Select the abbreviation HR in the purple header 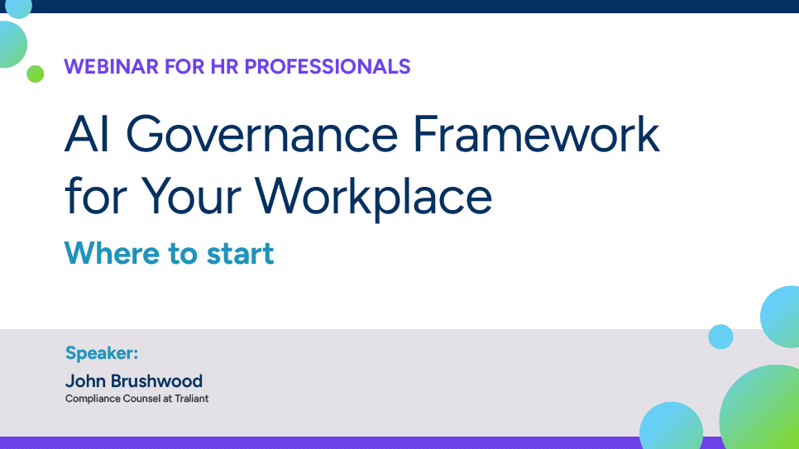point(221,66)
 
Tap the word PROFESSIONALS point(327,66)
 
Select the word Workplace point(373,196)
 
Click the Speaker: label point(102,353)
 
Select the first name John point(84,381)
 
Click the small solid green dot point(35,74)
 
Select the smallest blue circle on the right point(720,337)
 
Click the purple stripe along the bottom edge point(331,442)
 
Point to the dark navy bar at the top point(414,6)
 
